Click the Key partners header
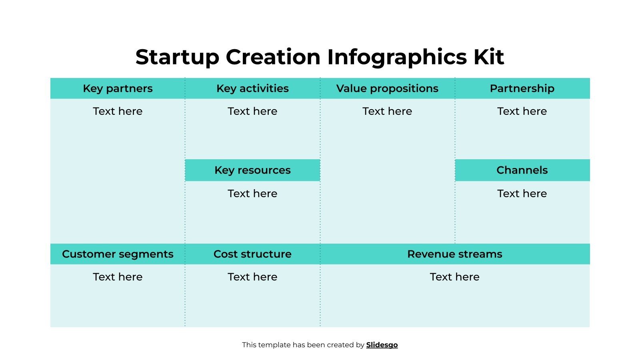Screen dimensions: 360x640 (x=118, y=88)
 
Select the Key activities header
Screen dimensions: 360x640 (x=252, y=88)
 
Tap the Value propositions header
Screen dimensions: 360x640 (x=387, y=88)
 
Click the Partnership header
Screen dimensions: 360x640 (x=522, y=88)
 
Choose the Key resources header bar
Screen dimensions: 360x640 (x=252, y=170)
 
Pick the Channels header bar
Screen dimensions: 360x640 (x=522, y=170)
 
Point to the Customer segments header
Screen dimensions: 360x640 (x=118, y=254)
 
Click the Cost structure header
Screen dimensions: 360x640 (x=252, y=254)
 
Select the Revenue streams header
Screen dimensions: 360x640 (x=454, y=254)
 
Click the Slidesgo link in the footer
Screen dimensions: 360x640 (x=382, y=345)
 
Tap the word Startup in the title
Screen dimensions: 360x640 (x=177, y=57)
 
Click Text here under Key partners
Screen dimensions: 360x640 (x=118, y=111)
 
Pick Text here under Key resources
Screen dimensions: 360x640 (x=252, y=194)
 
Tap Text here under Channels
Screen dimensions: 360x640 (x=522, y=194)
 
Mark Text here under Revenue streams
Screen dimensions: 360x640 (x=454, y=277)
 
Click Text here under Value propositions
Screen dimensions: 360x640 (x=387, y=111)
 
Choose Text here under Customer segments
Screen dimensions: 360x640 (x=118, y=277)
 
